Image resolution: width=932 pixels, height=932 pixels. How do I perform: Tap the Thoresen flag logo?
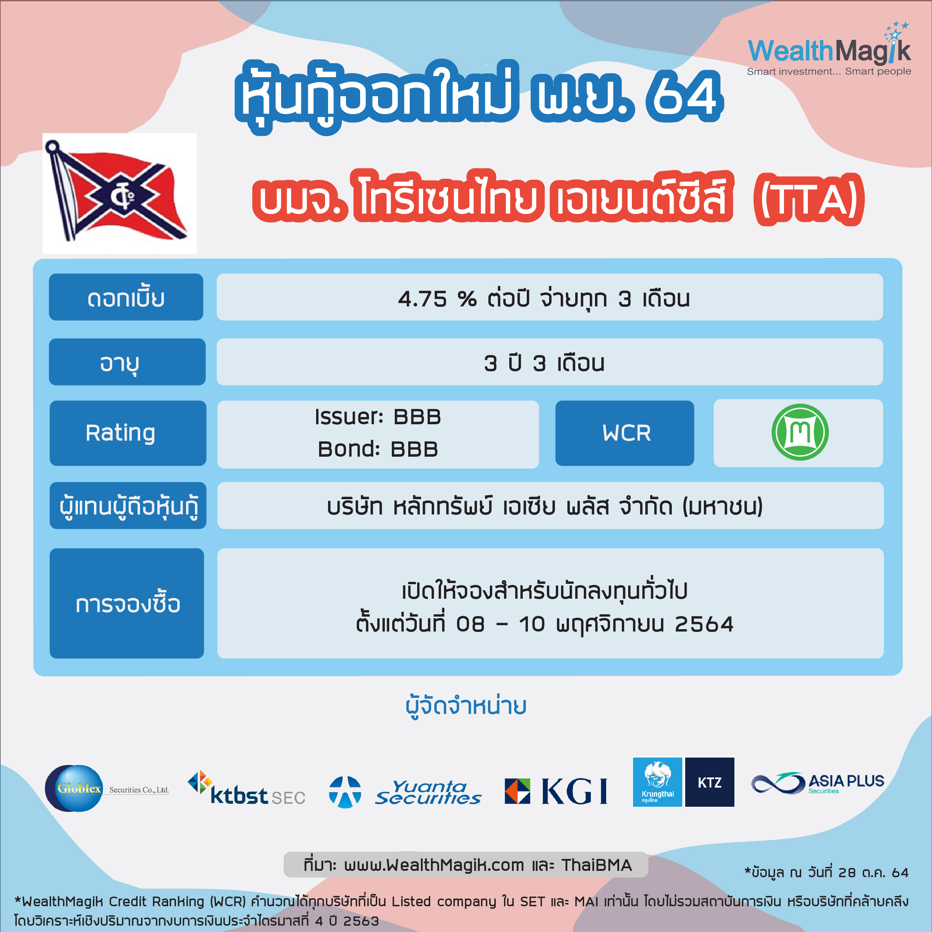[x=119, y=193]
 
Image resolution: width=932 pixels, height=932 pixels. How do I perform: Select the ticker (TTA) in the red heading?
[x=809, y=199]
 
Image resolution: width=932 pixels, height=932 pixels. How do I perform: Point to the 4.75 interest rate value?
[x=423, y=299]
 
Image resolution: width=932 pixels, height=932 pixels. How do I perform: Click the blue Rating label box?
[x=128, y=433]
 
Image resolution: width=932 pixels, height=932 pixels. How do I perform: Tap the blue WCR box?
[x=625, y=433]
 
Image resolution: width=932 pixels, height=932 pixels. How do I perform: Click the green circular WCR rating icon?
[x=800, y=432]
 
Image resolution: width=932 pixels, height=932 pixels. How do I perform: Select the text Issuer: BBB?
[x=378, y=417]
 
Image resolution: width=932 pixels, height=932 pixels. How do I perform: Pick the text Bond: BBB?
[x=378, y=449]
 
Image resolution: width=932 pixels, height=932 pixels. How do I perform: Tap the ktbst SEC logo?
[x=246, y=788]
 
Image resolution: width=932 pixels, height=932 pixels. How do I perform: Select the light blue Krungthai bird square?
[x=657, y=782]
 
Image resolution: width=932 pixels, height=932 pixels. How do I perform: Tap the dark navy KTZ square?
[x=709, y=782]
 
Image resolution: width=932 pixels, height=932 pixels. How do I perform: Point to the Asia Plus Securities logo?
[x=818, y=783]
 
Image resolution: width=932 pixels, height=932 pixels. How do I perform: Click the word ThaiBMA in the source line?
[x=596, y=865]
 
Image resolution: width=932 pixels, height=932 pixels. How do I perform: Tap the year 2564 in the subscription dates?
[x=704, y=624]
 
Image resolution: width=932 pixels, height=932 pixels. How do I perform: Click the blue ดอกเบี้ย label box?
[x=126, y=297]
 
